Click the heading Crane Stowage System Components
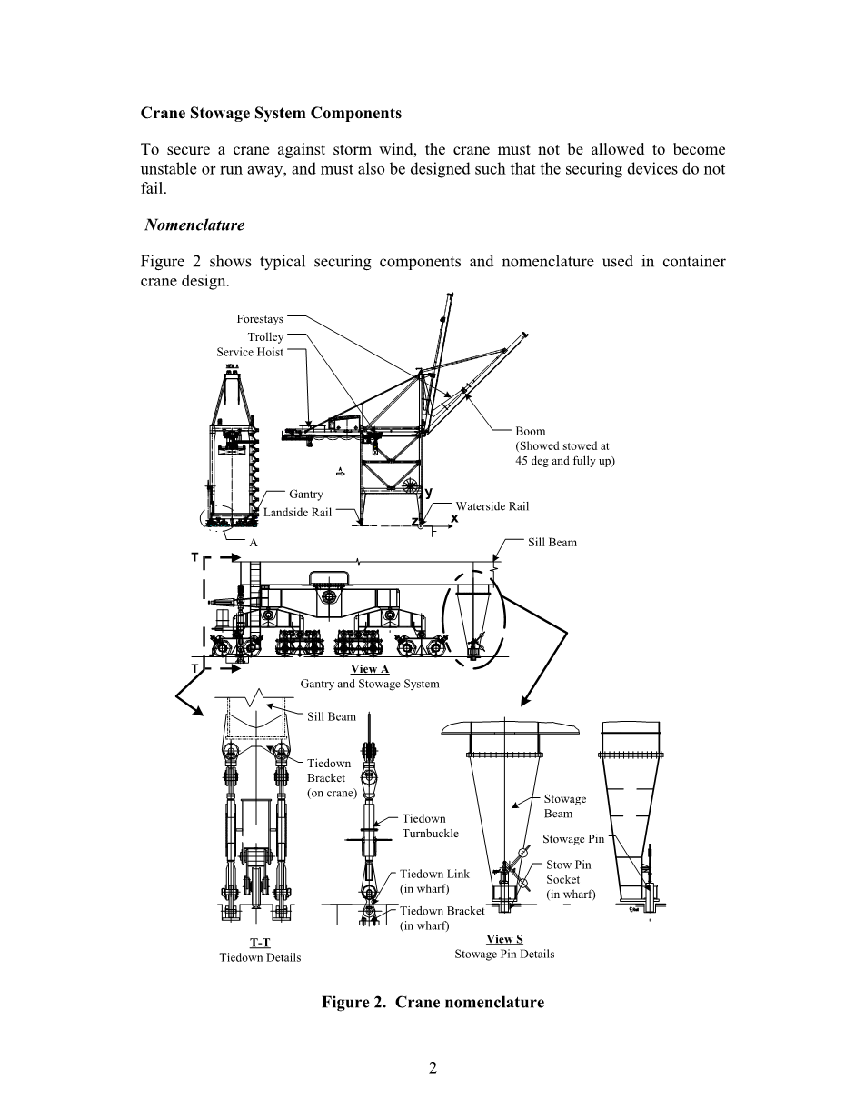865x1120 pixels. click(271, 114)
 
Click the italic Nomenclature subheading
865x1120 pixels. click(194, 225)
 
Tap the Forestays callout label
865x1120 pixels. click(260, 319)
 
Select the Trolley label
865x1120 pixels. click(265, 337)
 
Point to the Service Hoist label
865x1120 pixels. click(250, 352)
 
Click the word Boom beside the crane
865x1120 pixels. click(530, 431)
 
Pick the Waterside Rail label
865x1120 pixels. click(492, 506)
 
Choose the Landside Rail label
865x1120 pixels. click(297, 512)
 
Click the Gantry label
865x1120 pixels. click(306, 494)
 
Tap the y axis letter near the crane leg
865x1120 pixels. click(429, 492)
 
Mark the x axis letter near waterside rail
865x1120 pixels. click(454, 518)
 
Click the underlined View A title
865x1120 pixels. click(370, 669)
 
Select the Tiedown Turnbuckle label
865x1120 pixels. click(430, 825)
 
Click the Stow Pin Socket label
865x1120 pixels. click(571, 879)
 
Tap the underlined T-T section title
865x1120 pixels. click(260, 943)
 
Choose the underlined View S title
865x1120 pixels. click(504, 939)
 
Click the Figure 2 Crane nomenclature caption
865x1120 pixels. click(432, 1002)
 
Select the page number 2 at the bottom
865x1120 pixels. click(432, 1068)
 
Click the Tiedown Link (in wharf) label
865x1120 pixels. click(434, 881)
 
